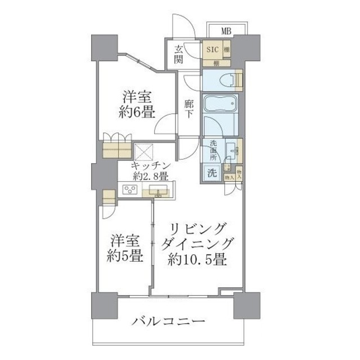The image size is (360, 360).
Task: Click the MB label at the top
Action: point(225,30)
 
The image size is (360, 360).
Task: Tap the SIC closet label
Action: point(212,49)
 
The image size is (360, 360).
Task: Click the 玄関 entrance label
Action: point(178,54)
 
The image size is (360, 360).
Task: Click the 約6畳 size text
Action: point(137,111)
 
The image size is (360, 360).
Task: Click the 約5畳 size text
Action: point(124,256)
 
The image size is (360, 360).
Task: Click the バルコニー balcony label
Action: point(169,323)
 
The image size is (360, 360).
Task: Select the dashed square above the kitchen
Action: point(145,150)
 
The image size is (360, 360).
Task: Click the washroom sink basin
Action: point(231,151)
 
